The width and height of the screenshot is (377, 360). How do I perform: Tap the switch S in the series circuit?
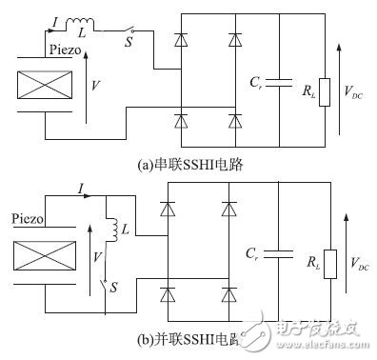(133, 30)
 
